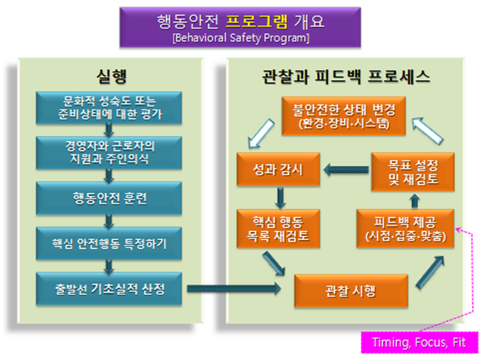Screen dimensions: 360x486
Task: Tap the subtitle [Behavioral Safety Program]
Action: point(242,37)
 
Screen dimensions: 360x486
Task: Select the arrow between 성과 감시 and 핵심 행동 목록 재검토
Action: point(279,197)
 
